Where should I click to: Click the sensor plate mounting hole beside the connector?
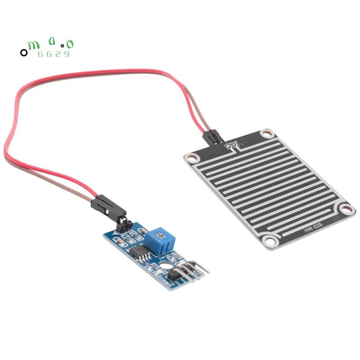[x=267, y=134]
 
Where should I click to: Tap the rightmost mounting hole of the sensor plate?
[x=346, y=208]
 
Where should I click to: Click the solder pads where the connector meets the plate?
[x=233, y=145]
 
